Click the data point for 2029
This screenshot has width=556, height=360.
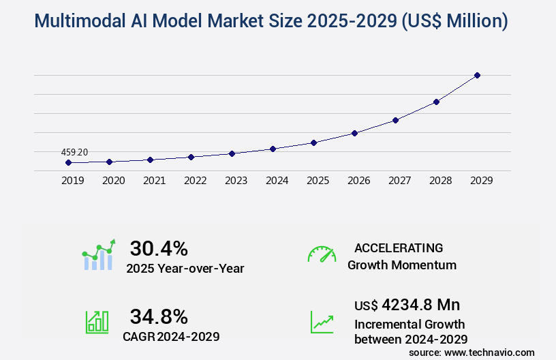click(477, 75)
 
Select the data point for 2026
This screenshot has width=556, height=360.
click(354, 133)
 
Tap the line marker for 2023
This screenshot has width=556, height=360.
click(232, 153)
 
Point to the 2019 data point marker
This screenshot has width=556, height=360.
click(68, 163)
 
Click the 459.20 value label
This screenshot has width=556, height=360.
click(74, 152)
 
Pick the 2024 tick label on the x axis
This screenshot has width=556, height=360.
click(277, 181)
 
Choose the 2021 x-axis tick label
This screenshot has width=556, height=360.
click(154, 181)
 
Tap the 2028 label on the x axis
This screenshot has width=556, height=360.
click(440, 181)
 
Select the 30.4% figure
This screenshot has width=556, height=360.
click(159, 248)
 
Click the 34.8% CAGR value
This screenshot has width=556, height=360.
click(159, 316)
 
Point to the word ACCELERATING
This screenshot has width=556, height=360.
click(399, 248)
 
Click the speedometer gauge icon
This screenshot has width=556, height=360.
click(322, 254)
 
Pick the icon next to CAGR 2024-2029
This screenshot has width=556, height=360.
click(97, 322)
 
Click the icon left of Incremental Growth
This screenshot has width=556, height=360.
click(322, 322)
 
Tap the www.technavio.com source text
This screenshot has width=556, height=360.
click(491, 352)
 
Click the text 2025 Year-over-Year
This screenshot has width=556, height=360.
click(185, 269)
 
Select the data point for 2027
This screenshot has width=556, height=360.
click(395, 120)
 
